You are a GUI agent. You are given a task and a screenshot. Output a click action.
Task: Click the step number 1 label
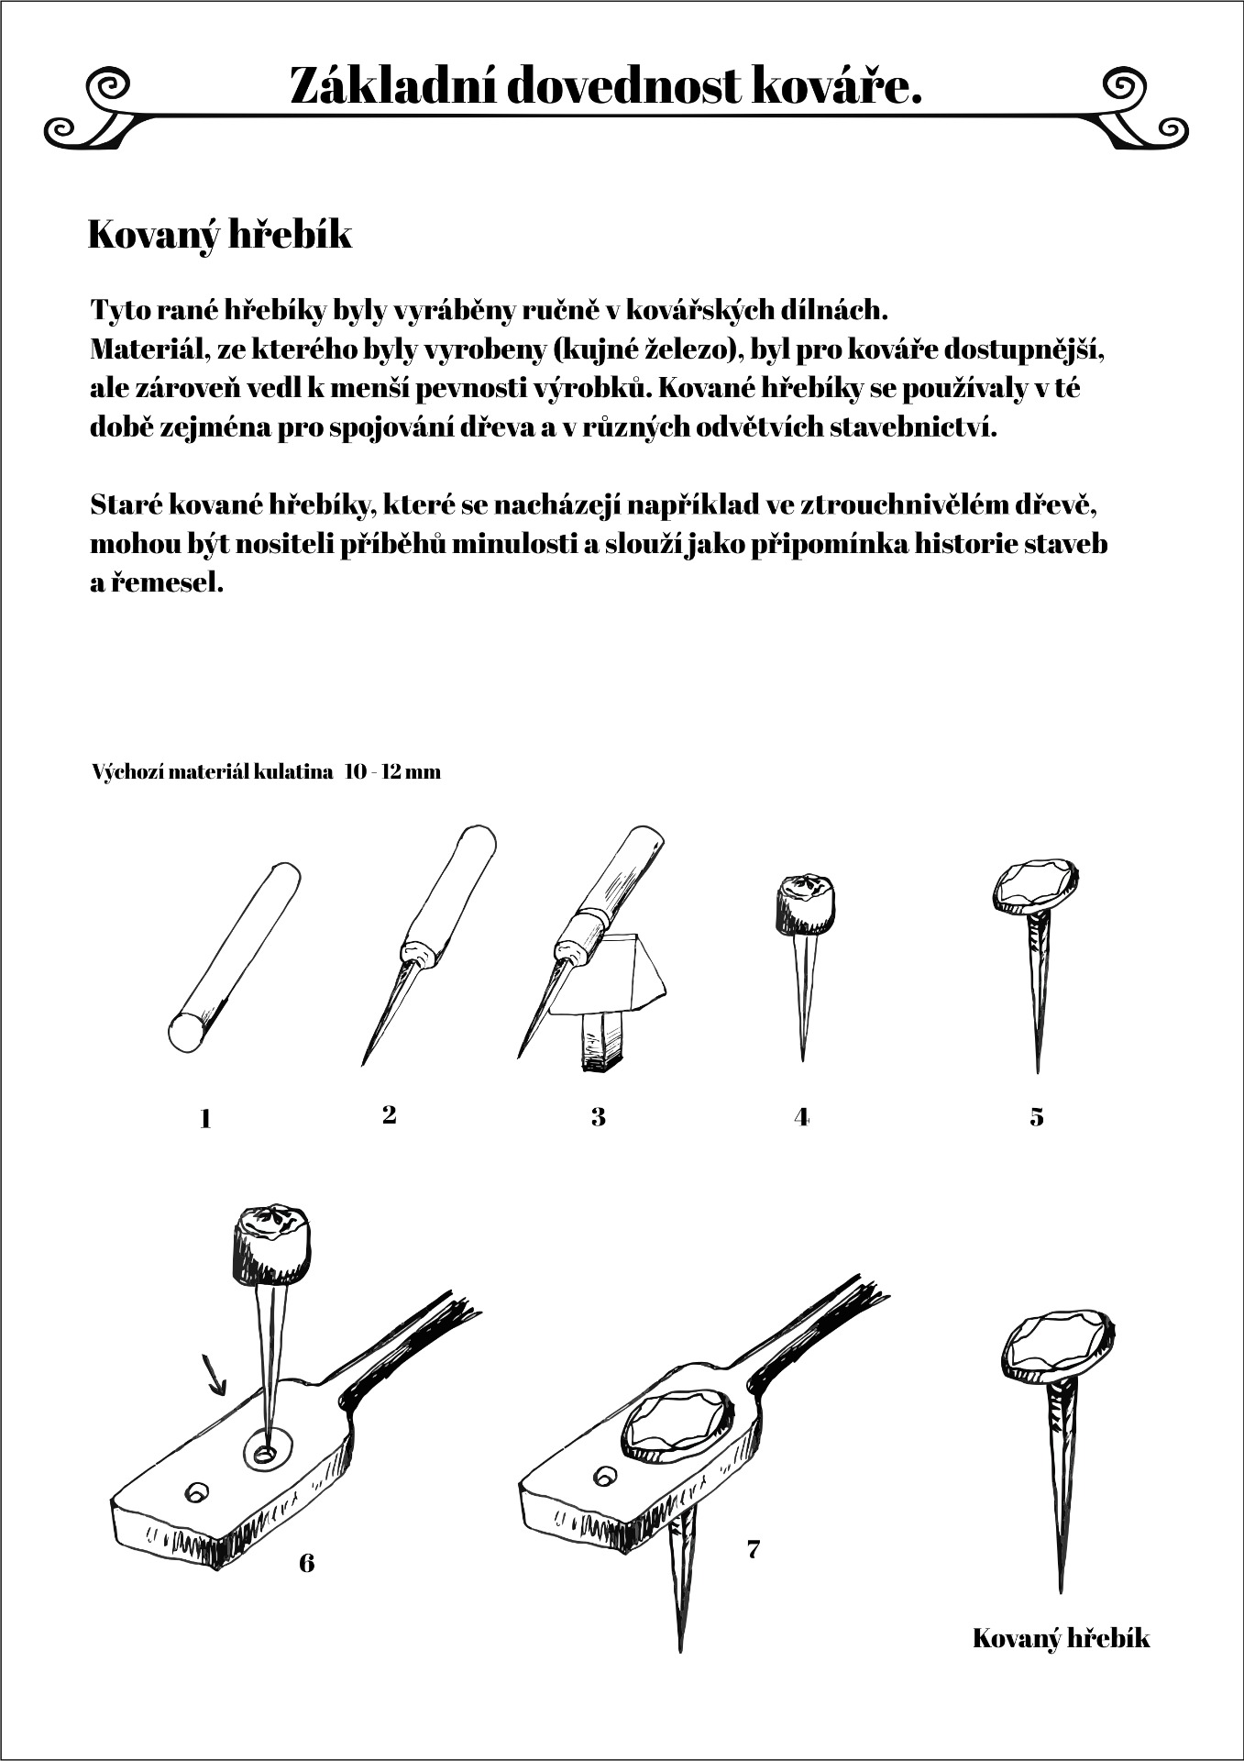[x=205, y=1119]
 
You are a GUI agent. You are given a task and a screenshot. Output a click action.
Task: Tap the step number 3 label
[x=599, y=1117]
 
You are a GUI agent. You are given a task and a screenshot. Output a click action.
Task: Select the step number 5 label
[x=1037, y=1117]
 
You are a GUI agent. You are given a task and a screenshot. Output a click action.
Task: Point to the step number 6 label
[x=307, y=1562]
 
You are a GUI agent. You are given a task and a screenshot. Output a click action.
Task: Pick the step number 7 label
[x=754, y=1549]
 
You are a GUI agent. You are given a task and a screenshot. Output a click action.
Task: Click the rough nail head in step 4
[x=805, y=903]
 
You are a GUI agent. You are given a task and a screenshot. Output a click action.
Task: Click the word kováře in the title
[x=836, y=86]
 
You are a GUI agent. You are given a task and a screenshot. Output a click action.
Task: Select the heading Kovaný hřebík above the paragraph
[x=220, y=235]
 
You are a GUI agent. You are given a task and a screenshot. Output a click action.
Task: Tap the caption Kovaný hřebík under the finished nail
[x=1061, y=1638]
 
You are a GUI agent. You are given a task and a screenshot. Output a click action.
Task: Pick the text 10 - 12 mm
[x=393, y=772]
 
